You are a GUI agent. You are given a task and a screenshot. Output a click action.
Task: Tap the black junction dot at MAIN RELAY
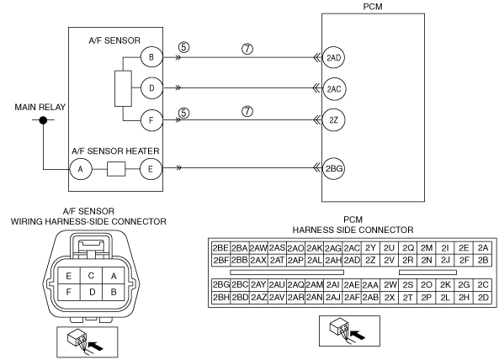click(43, 120)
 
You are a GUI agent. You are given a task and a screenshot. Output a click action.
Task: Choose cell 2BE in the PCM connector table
click(220, 248)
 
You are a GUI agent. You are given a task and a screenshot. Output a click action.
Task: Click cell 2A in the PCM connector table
click(483, 248)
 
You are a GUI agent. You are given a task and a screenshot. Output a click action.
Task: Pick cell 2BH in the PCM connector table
click(220, 298)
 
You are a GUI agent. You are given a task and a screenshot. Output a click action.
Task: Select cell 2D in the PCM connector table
click(483, 298)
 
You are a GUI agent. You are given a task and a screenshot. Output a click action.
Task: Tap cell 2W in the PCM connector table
click(390, 284)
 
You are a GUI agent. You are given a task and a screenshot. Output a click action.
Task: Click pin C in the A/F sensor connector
click(91, 275)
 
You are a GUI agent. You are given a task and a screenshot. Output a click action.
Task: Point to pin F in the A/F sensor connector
click(69, 292)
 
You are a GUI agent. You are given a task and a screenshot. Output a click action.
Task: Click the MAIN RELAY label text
click(40, 107)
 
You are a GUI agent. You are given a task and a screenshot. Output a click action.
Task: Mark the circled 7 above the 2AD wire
click(247, 49)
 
